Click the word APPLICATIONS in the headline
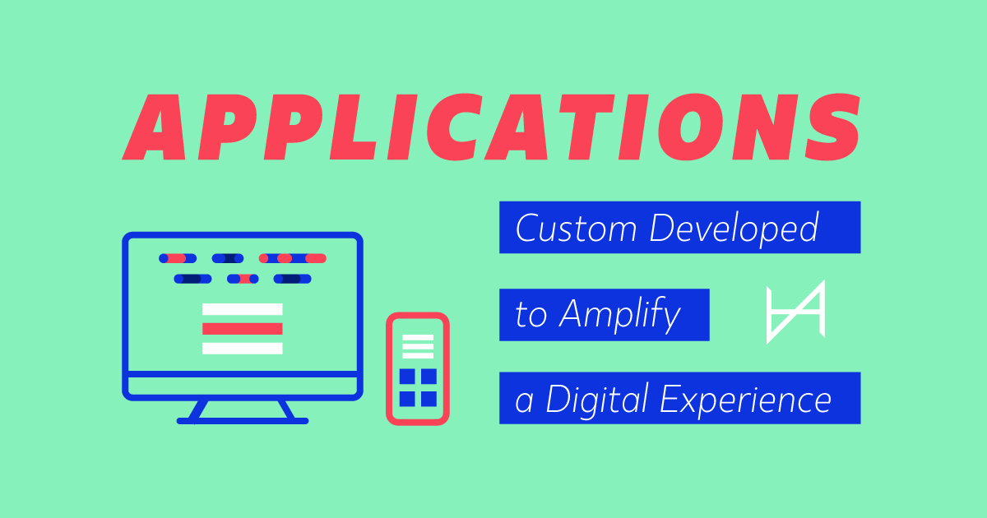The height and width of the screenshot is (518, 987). tap(492, 127)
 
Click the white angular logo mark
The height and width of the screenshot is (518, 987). tap(795, 313)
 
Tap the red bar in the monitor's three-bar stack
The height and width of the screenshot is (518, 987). tap(243, 329)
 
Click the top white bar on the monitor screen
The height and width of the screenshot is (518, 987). tap(243, 310)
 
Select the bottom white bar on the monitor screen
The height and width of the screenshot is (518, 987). tap(243, 349)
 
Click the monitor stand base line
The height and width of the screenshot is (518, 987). tap(243, 421)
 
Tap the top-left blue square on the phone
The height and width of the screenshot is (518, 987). tap(407, 377)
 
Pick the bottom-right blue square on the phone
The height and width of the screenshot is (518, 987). tap(429, 399)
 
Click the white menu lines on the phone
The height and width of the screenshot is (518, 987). tap(418, 347)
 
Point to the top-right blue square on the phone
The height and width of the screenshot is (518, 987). tap(429, 377)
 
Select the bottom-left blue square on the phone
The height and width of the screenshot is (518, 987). tap(407, 399)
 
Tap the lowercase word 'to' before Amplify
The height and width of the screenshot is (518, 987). tap(531, 316)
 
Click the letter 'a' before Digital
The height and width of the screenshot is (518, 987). tap(523, 401)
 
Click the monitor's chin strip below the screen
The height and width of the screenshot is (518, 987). tap(243, 386)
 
